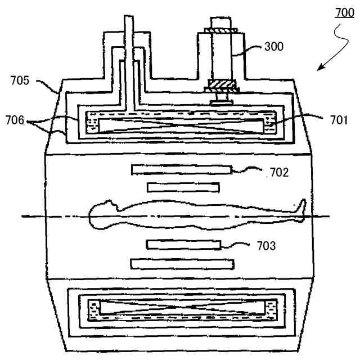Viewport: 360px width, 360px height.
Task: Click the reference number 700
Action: pos(344,12)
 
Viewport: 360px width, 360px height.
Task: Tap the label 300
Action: pos(274,46)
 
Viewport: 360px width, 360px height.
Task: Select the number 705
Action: pos(21,80)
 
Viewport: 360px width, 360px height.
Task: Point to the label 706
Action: pos(15,120)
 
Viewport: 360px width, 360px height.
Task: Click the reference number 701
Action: pos(339,119)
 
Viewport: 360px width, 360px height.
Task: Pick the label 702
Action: pos(278,172)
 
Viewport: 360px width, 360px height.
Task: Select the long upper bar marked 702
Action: pos(181,169)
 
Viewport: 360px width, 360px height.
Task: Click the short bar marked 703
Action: pos(183,244)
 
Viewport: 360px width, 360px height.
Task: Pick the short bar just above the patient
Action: pos(183,187)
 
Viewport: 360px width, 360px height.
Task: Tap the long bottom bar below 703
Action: pos(182,263)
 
